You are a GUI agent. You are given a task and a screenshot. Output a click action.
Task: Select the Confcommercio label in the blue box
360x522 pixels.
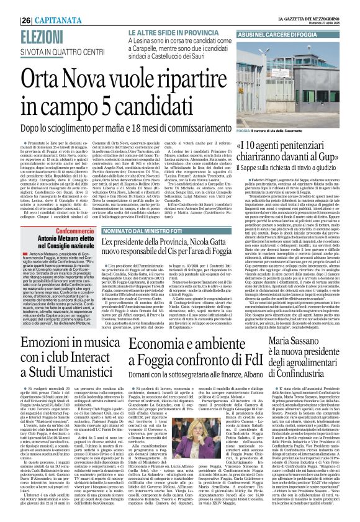(x=63, y=212)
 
